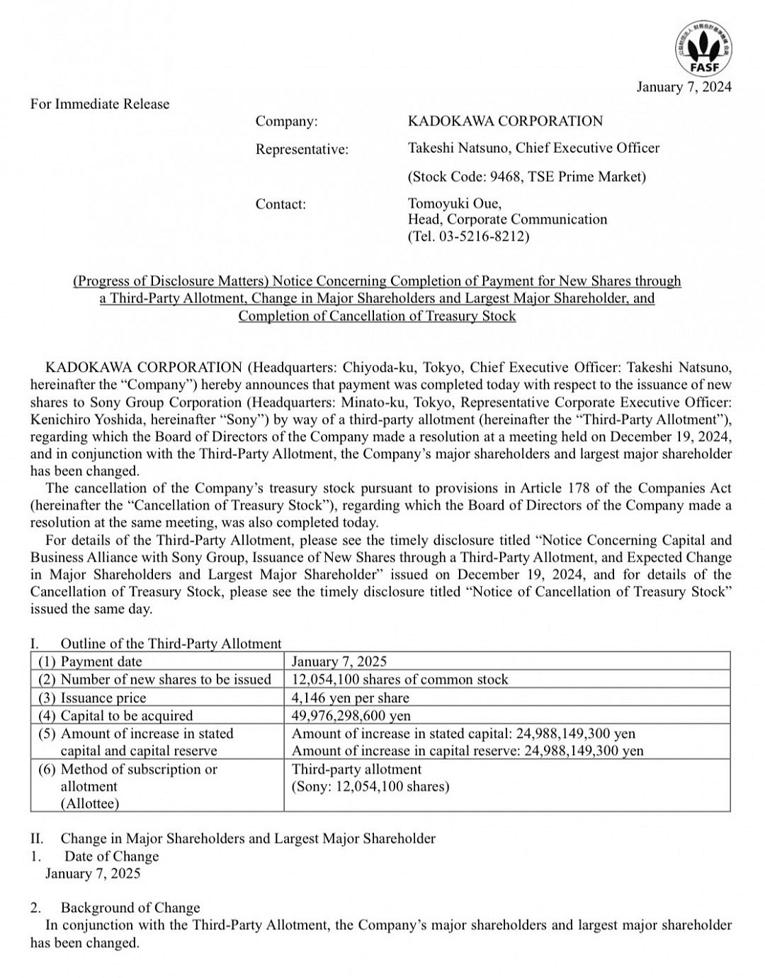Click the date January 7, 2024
point(684,87)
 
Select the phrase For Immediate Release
point(100,104)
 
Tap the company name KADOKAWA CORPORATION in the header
point(505,121)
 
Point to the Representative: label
point(302,149)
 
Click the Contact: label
point(280,205)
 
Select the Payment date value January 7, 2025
point(339,661)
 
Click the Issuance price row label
point(103,698)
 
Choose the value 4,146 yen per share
point(350,698)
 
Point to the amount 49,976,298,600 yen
point(351,715)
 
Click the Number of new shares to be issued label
point(165,679)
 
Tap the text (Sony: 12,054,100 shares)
point(370,786)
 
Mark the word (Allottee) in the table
point(89,804)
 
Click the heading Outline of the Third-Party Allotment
point(171,644)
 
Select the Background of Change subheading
point(130,908)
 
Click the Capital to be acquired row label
point(126,715)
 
